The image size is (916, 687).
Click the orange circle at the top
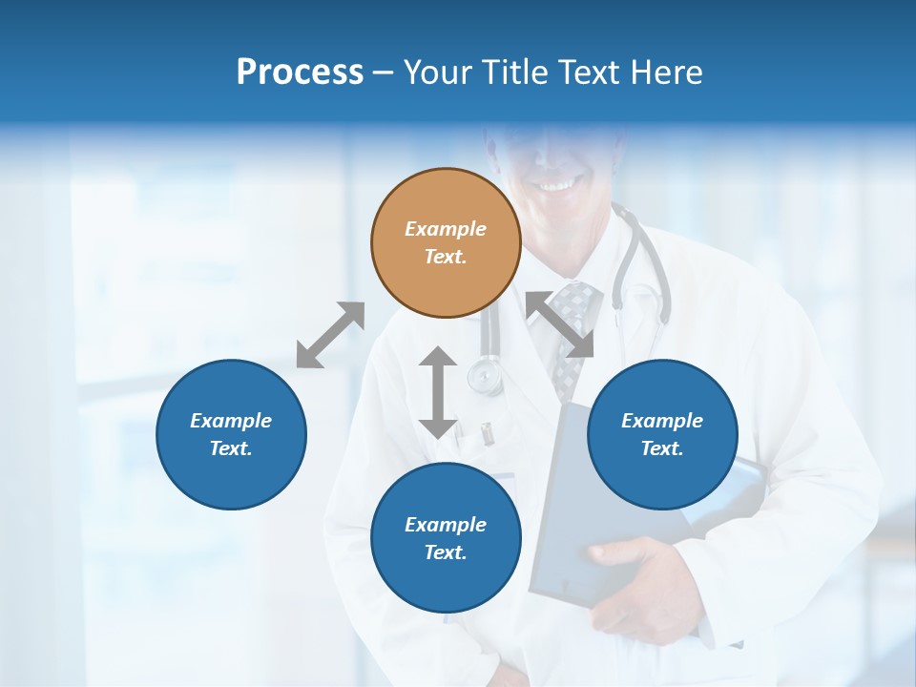(x=446, y=243)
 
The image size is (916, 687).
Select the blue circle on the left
(x=231, y=434)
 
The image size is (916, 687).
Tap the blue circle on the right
(x=662, y=434)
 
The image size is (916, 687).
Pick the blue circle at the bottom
(x=446, y=538)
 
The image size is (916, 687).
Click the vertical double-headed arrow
(x=438, y=392)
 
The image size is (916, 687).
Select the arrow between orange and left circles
(x=330, y=335)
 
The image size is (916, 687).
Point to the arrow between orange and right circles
(x=560, y=324)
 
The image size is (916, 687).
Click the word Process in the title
(x=300, y=72)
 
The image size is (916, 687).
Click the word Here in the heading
(x=666, y=72)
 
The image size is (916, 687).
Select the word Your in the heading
(x=437, y=72)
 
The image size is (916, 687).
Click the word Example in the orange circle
(x=446, y=229)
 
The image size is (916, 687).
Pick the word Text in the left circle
(x=231, y=448)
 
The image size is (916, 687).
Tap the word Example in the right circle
(x=662, y=420)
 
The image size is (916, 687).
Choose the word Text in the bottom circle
(x=446, y=552)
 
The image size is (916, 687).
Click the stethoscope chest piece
(x=486, y=376)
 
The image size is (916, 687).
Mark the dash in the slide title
(x=383, y=73)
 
